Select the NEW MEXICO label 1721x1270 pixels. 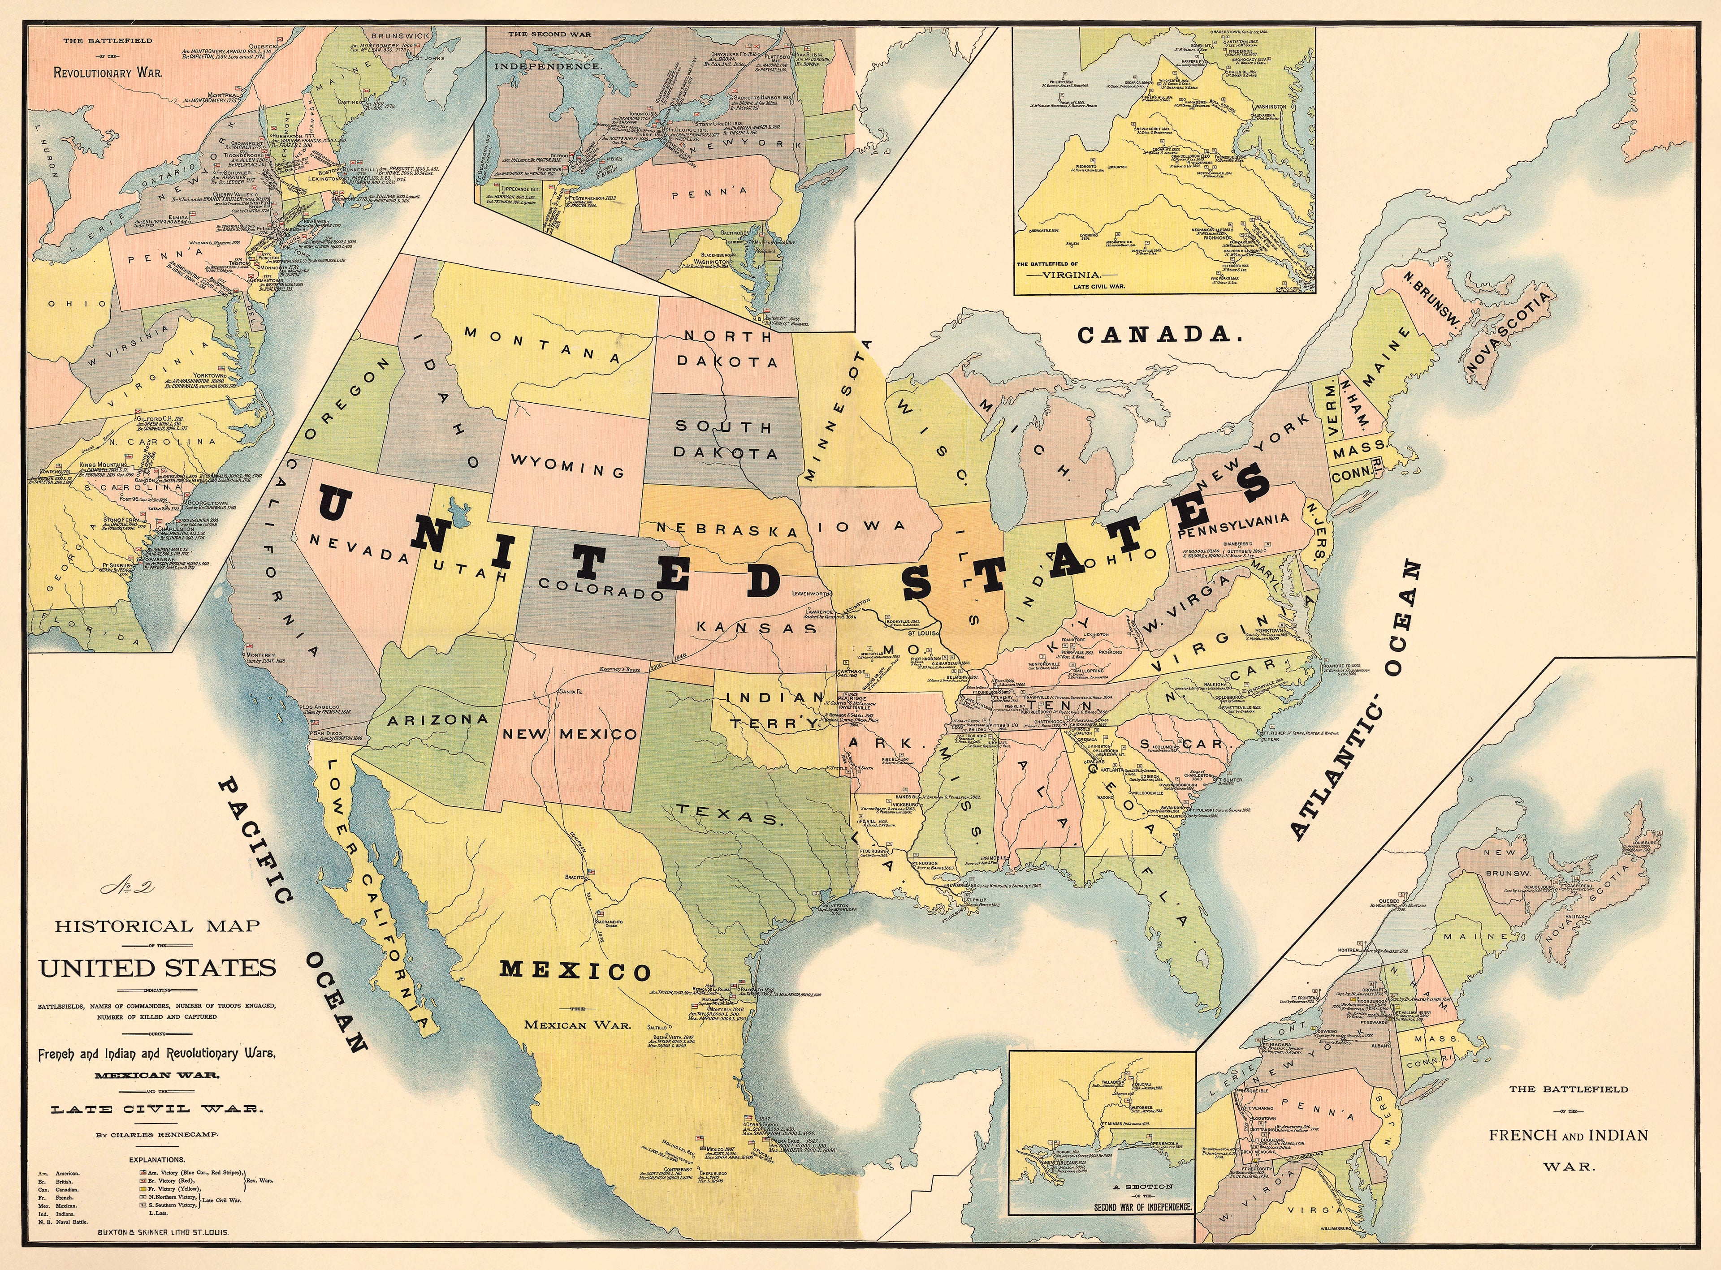(x=570, y=733)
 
